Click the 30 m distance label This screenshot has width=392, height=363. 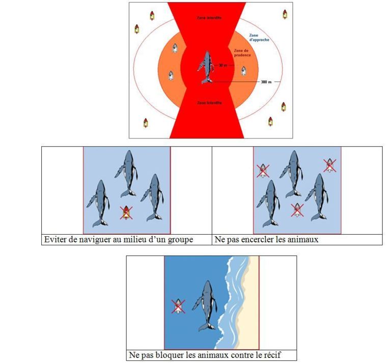click(x=223, y=65)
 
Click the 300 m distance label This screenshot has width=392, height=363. click(x=266, y=82)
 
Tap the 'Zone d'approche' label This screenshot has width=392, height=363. click(x=259, y=38)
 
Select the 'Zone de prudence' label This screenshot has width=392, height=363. click(x=242, y=53)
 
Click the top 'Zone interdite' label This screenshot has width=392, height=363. click(x=209, y=18)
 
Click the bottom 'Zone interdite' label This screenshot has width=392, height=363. click(x=209, y=103)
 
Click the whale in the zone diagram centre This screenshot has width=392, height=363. click(x=206, y=67)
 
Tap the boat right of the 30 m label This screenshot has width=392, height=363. click(x=243, y=71)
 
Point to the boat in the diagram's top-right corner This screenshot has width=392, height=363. click(x=285, y=14)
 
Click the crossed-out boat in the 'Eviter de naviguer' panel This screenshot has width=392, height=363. click(x=126, y=213)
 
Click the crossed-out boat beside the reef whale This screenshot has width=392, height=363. click(x=178, y=306)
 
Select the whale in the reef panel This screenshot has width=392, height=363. click(x=205, y=305)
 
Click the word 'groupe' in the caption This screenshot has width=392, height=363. click(x=180, y=239)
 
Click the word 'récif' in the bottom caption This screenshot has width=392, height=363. click(x=273, y=354)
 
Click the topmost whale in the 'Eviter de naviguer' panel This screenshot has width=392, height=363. click(x=126, y=173)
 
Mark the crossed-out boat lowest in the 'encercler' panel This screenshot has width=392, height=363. click(x=297, y=210)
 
